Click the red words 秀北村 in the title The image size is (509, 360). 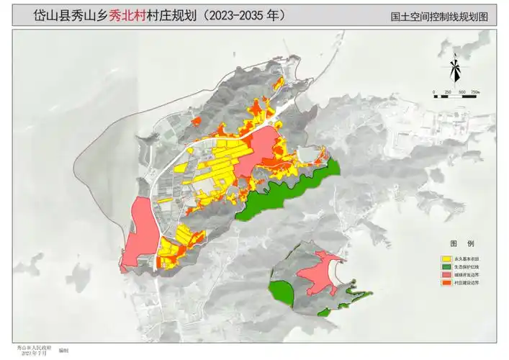(x=125, y=14)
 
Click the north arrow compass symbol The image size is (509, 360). (x=455, y=70)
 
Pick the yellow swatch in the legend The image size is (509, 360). (x=447, y=258)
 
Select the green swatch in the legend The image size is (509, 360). (x=447, y=266)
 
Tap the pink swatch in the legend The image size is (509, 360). (x=447, y=275)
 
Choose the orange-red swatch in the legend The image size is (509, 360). (x=447, y=284)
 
